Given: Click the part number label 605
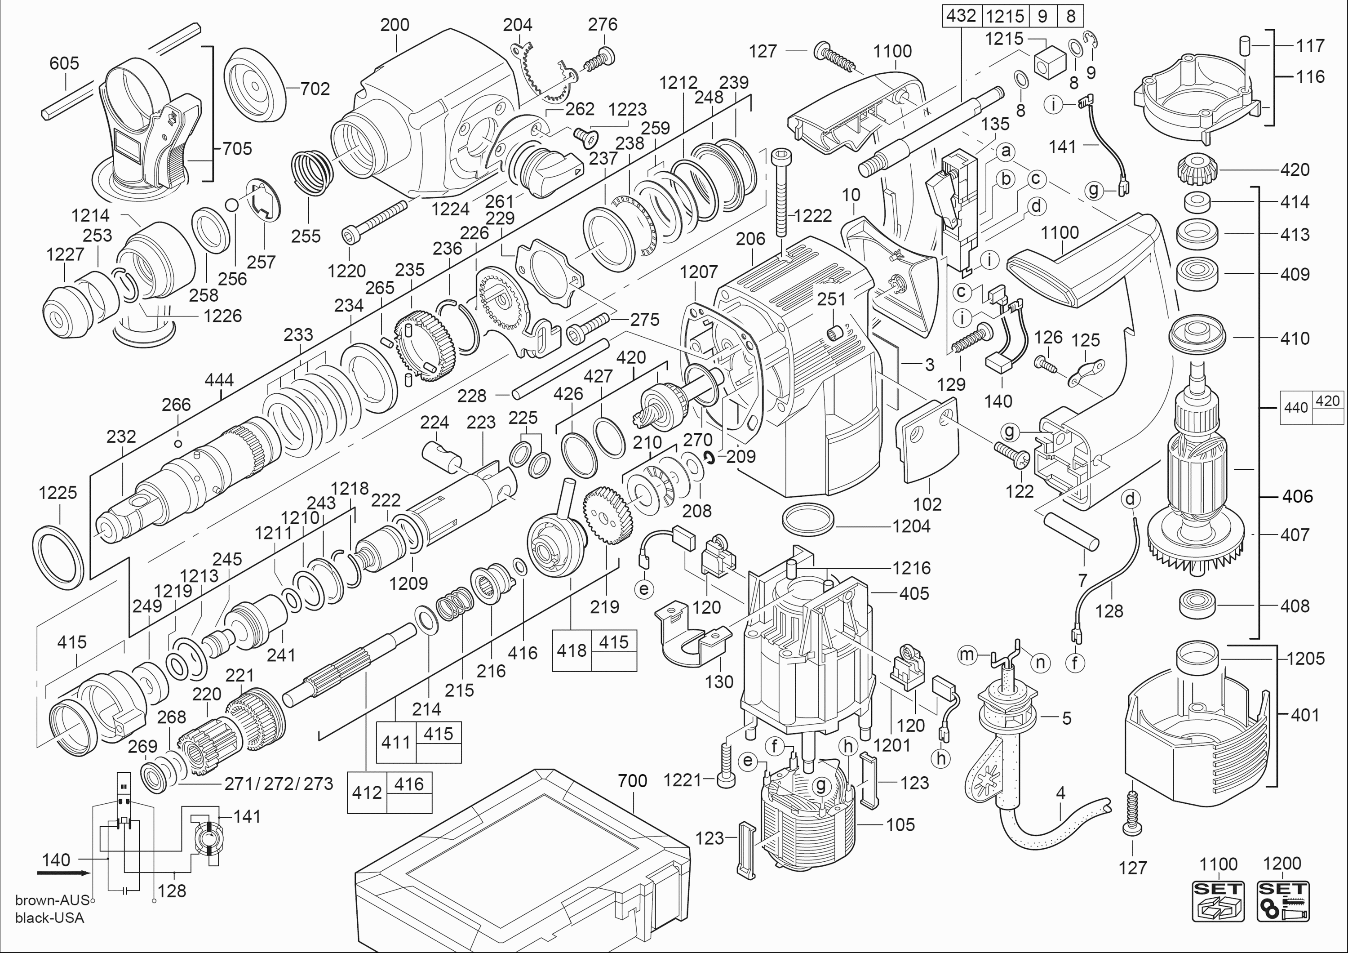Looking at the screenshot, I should [x=64, y=63].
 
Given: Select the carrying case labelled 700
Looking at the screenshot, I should [x=523, y=863].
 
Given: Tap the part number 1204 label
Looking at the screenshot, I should [x=911, y=526].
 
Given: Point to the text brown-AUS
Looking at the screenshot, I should [x=52, y=900].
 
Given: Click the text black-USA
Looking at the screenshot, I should [x=50, y=918].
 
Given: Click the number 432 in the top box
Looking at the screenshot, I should [x=961, y=16].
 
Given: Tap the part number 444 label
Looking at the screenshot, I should [x=219, y=380].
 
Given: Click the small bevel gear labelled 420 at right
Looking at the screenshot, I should [x=1197, y=169].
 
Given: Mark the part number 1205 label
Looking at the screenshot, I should [x=1306, y=658].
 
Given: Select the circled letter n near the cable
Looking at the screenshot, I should [x=1040, y=663].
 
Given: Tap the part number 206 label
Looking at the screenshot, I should [x=751, y=239].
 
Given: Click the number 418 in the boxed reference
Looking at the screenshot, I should [x=571, y=650].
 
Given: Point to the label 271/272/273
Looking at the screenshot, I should [x=279, y=784].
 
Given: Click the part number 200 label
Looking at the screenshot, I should [x=395, y=25].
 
